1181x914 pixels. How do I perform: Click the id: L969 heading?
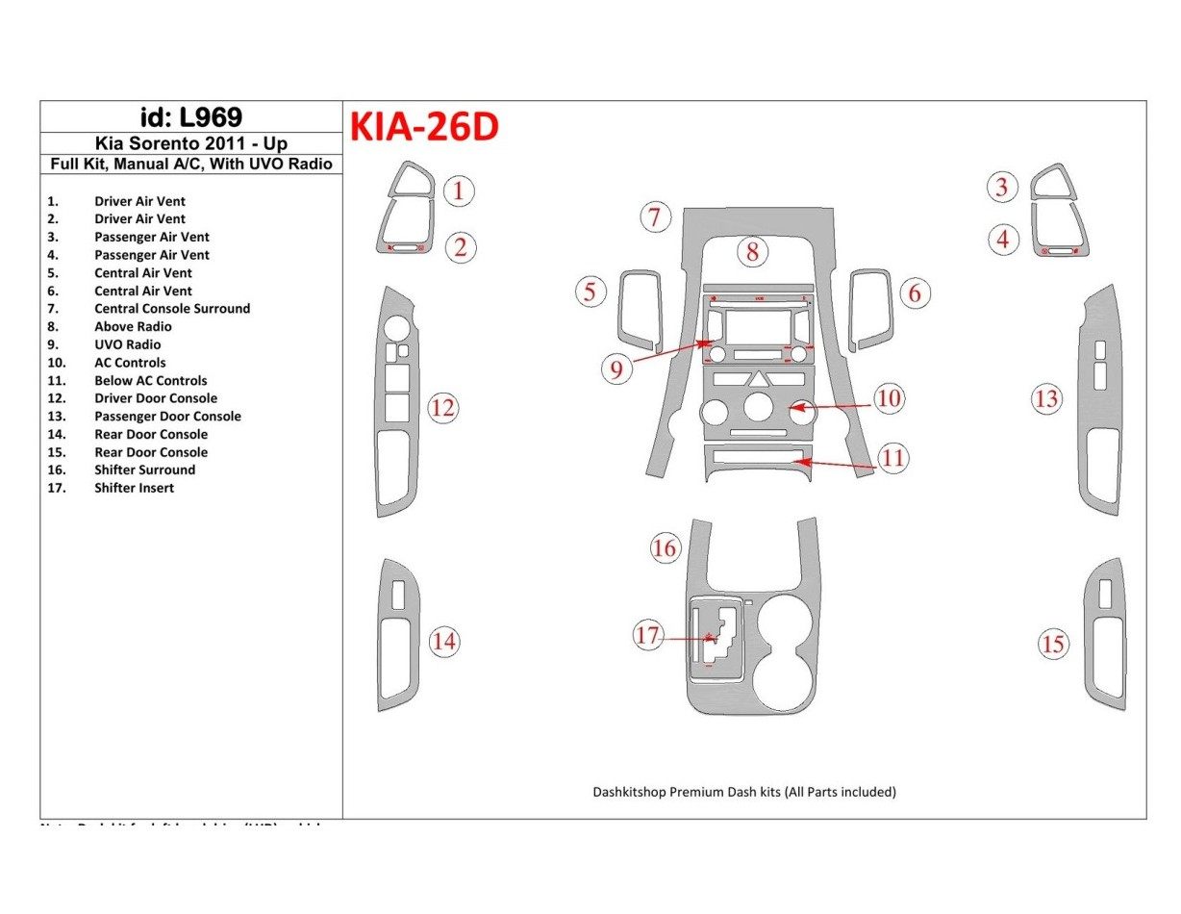tap(190, 117)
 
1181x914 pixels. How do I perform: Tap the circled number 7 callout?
tap(655, 217)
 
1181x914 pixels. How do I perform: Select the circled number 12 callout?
tap(442, 408)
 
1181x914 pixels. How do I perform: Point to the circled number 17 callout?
tap(647, 636)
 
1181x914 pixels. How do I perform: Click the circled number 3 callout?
tap(1002, 188)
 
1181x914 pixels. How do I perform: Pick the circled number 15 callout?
tap(1053, 644)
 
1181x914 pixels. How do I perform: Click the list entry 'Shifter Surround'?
tap(144, 470)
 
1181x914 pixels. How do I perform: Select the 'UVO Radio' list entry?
tap(127, 344)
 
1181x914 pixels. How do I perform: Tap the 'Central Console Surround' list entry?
tap(171, 309)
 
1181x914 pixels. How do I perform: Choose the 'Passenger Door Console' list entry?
tap(167, 417)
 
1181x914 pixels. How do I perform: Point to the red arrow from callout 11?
tap(837, 465)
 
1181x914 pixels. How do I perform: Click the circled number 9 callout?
tap(616, 368)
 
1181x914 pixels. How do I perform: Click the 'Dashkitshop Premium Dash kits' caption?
tap(743, 793)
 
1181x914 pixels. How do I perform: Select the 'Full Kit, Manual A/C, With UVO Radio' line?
tap(190, 165)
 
